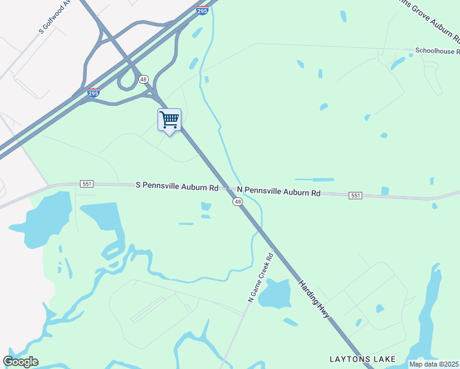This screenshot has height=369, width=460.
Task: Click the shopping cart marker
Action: pos(169,119)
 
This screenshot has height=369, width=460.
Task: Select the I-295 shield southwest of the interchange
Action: pos(92,92)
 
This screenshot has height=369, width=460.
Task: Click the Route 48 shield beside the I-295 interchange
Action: pos(143,79)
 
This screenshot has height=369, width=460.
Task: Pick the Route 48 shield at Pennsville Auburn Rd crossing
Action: pos(237,201)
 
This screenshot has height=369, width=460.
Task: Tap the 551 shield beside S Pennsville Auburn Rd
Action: pos(87,184)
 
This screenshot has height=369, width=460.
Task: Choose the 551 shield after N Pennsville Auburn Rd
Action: pos(355,195)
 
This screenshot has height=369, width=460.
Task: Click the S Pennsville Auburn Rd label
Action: pos(177,186)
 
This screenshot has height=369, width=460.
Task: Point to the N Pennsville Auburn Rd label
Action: pos(279,192)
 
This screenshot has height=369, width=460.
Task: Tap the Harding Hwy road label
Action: pos(314,300)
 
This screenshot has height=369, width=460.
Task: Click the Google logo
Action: pos(20,361)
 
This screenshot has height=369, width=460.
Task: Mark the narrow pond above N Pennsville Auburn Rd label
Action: pos(314,180)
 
